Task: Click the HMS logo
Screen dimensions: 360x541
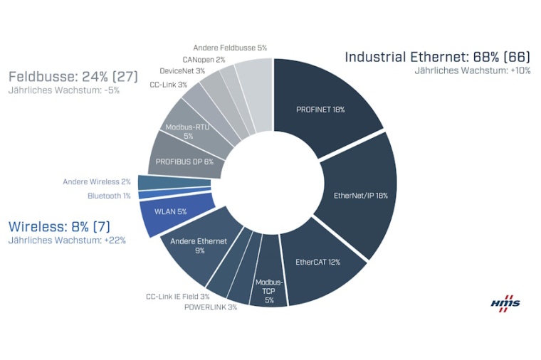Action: [x=505, y=302]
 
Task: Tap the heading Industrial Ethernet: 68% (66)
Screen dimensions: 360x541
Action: [x=437, y=57]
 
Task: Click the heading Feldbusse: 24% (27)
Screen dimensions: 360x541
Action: [x=73, y=76]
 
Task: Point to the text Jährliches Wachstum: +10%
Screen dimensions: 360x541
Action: [x=473, y=71]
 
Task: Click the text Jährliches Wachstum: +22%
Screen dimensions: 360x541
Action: [x=67, y=240]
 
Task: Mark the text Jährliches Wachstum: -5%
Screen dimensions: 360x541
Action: [x=63, y=90]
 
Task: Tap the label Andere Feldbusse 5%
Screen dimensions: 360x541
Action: [x=230, y=48]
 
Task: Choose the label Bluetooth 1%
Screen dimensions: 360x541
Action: [x=109, y=196]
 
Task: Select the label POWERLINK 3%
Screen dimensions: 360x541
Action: [x=210, y=307]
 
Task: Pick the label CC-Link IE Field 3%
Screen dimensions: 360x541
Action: [x=177, y=296]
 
